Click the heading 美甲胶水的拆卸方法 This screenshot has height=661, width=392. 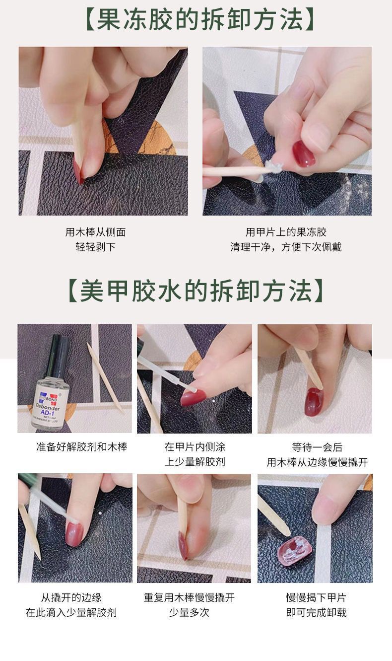tap(196, 291)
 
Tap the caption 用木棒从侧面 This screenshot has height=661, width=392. tap(95, 232)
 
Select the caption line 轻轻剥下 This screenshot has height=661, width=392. tap(95, 247)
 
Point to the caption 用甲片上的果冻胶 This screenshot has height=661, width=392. tap(286, 232)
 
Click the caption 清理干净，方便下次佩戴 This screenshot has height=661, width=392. tap(286, 247)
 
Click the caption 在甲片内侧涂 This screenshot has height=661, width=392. tap(195, 447)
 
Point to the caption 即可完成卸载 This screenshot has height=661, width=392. tap(316, 612)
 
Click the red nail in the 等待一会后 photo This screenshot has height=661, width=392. tap(314, 401)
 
